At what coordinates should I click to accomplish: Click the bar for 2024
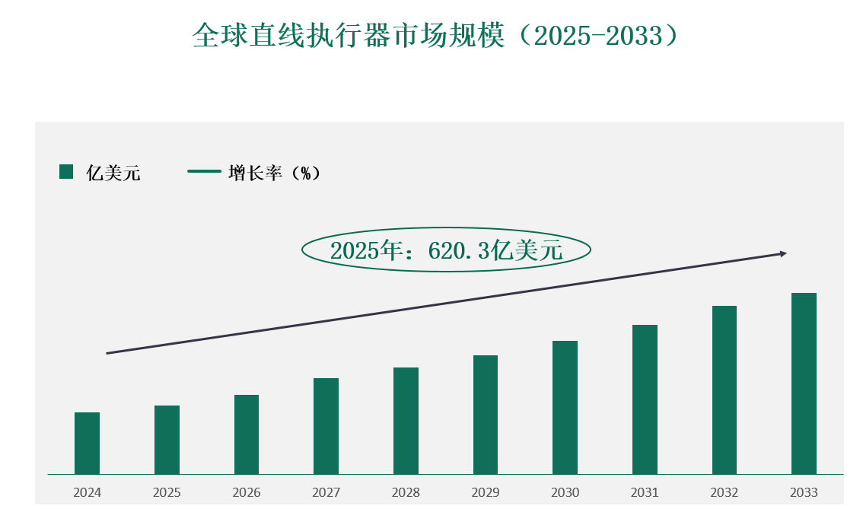click(87, 444)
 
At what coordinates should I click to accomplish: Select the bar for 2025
click(167, 440)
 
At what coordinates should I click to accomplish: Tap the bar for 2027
click(326, 426)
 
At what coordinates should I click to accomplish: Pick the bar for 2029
click(486, 415)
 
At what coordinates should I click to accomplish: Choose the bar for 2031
click(645, 399)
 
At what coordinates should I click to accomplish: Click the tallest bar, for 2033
click(804, 383)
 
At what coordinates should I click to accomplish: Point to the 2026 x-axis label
click(247, 492)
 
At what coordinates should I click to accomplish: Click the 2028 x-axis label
click(406, 492)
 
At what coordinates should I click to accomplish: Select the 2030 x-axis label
click(565, 492)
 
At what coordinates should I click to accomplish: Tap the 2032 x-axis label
click(724, 492)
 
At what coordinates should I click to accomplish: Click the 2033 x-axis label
click(804, 492)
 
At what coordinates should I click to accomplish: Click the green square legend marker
click(66, 172)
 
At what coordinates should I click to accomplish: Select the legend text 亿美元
click(113, 173)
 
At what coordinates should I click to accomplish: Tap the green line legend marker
click(203, 172)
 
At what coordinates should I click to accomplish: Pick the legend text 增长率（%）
click(274, 173)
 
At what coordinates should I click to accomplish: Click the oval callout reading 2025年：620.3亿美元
click(446, 250)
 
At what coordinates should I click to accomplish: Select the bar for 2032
click(724, 390)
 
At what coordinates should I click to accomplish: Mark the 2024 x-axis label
click(87, 492)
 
